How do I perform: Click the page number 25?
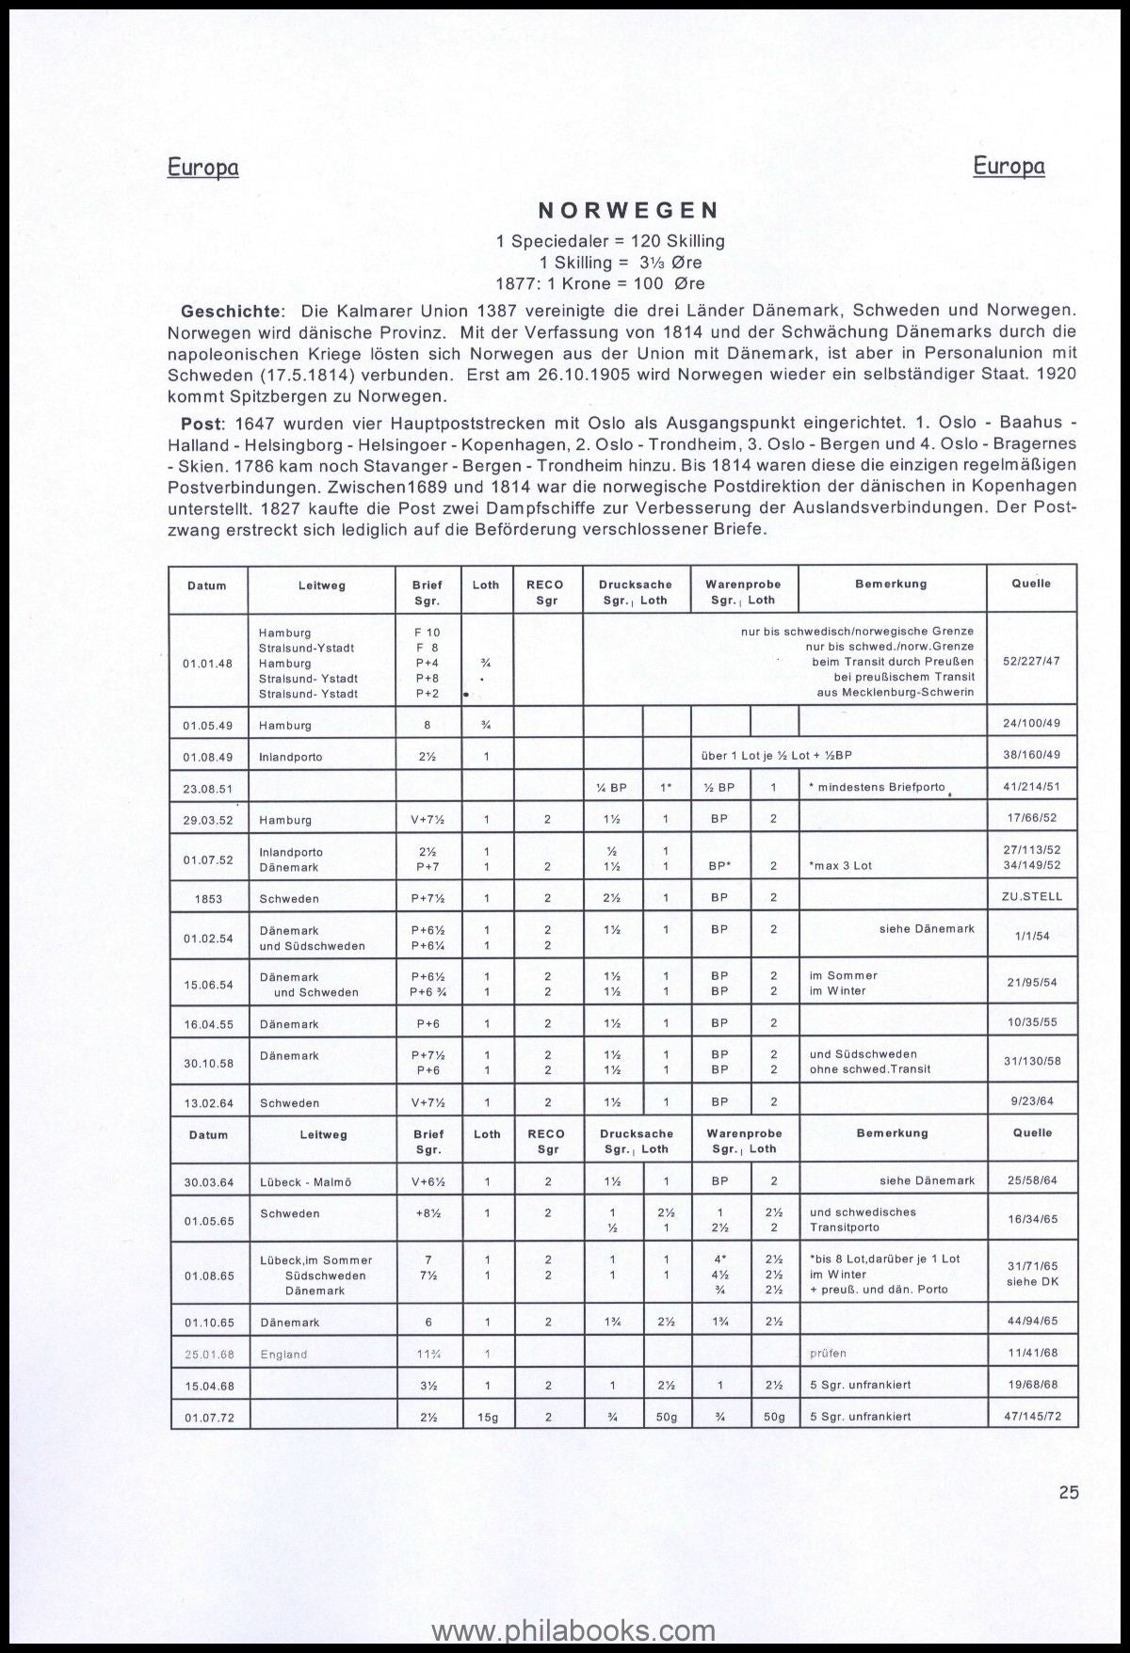[x=1068, y=1492]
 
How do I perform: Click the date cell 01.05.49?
[x=208, y=725]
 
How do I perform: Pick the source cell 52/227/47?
[x=1031, y=662]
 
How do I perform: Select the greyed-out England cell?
[x=283, y=1354]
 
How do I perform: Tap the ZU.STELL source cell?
[x=1032, y=897]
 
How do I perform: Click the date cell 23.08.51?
[x=208, y=788]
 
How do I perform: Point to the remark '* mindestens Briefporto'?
[x=877, y=787]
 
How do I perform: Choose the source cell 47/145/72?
[x=1031, y=1416]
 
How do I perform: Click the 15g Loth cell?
[x=486, y=1416]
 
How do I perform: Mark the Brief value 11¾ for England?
[x=428, y=1354]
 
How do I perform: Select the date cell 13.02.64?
[x=208, y=1102]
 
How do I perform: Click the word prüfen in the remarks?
[x=828, y=1354]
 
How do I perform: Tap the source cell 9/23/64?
[x=1032, y=1100]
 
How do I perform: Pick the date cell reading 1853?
[x=208, y=899]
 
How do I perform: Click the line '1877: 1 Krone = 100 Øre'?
[x=600, y=283]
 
